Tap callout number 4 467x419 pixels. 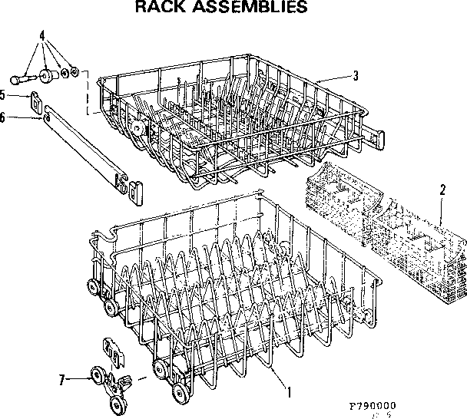click(42, 35)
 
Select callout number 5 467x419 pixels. click(4, 95)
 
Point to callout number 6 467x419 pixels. click(4, 117)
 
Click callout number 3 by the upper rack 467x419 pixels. click(356, 74)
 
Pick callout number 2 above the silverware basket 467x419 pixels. click(442, 190)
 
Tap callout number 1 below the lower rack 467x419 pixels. click(288, 392)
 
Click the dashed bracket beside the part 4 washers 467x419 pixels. click(88, 92)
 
